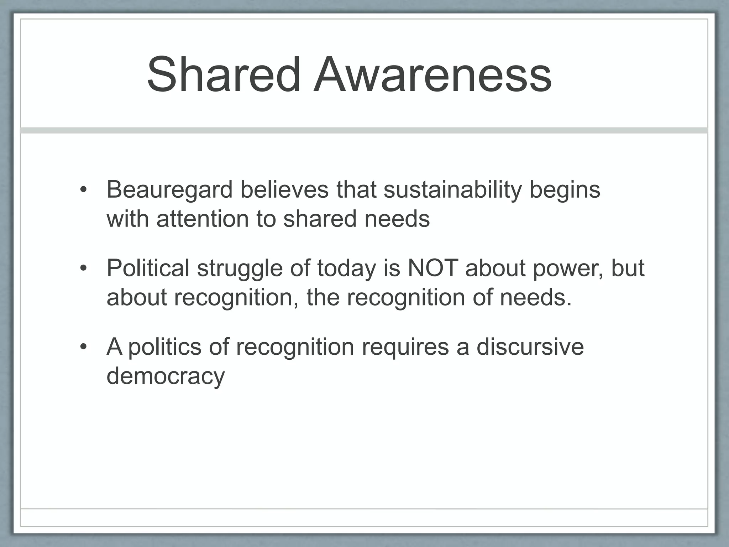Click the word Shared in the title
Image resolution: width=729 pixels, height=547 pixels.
coord(224,75)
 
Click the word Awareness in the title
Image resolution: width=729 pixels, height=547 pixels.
coord(432,75)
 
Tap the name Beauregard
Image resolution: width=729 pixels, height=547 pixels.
coord(169,190)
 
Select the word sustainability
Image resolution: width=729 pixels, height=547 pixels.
coord(452,190)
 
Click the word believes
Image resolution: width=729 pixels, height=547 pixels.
coord(284,190)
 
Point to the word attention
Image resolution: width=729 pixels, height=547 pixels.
coord(203,219)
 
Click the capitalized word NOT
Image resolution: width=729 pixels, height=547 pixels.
coord(432,268)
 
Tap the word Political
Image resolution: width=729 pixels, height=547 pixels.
coord(148,268)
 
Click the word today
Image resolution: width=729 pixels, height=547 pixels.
coord(346,268)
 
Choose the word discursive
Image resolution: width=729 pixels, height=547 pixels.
coord(530,347)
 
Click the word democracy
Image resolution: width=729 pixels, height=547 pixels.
coord(166,376)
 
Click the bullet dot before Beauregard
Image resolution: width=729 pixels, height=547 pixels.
coord(83,190)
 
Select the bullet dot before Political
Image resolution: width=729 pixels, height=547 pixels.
coord(83,268)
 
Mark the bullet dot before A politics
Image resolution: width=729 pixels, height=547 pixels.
coord(83,347)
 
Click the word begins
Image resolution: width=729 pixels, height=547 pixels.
coord(565,190)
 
